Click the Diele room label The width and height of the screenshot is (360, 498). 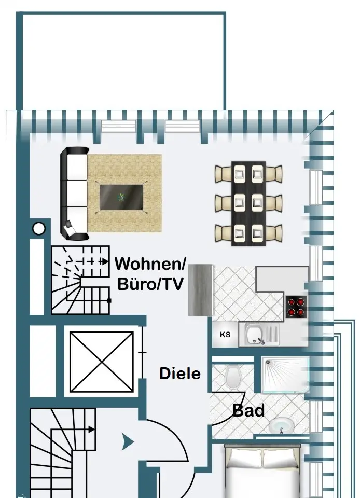coord(179,374)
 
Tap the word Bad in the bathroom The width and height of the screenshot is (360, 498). coord(248,410)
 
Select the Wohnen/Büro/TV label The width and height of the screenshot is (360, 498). coord(150,273)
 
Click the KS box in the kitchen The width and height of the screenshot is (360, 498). coord(225,335)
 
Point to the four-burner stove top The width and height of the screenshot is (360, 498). coord(297,306)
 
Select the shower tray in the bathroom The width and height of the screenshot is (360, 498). coord(285,374)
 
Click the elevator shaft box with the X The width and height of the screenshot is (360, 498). coord(102,362)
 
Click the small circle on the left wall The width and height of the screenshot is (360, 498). coord(38,228)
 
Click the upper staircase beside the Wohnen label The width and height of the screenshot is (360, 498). coord(80,280)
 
